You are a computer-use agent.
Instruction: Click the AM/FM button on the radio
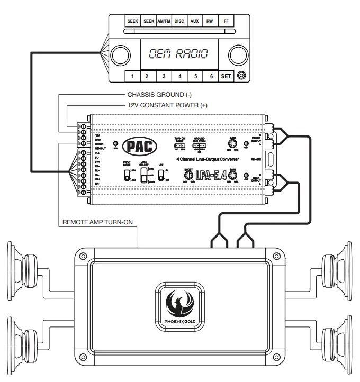pyautogui.click(x=164, y=22)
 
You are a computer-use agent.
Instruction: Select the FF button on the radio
pyautogui.click(x=227, y=22)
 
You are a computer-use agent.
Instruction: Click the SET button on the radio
pyautogui.click(x=226, y=76)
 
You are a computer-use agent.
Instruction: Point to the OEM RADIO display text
pyautogui.click(x=178, y=53)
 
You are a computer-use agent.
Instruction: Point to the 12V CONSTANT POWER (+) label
pyautogui.click(x=167, y=106)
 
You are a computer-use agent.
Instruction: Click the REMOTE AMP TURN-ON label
pyautogui.click(x=97, y=222)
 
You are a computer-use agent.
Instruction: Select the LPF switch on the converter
pyautogui.click(x=160, y=175)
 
